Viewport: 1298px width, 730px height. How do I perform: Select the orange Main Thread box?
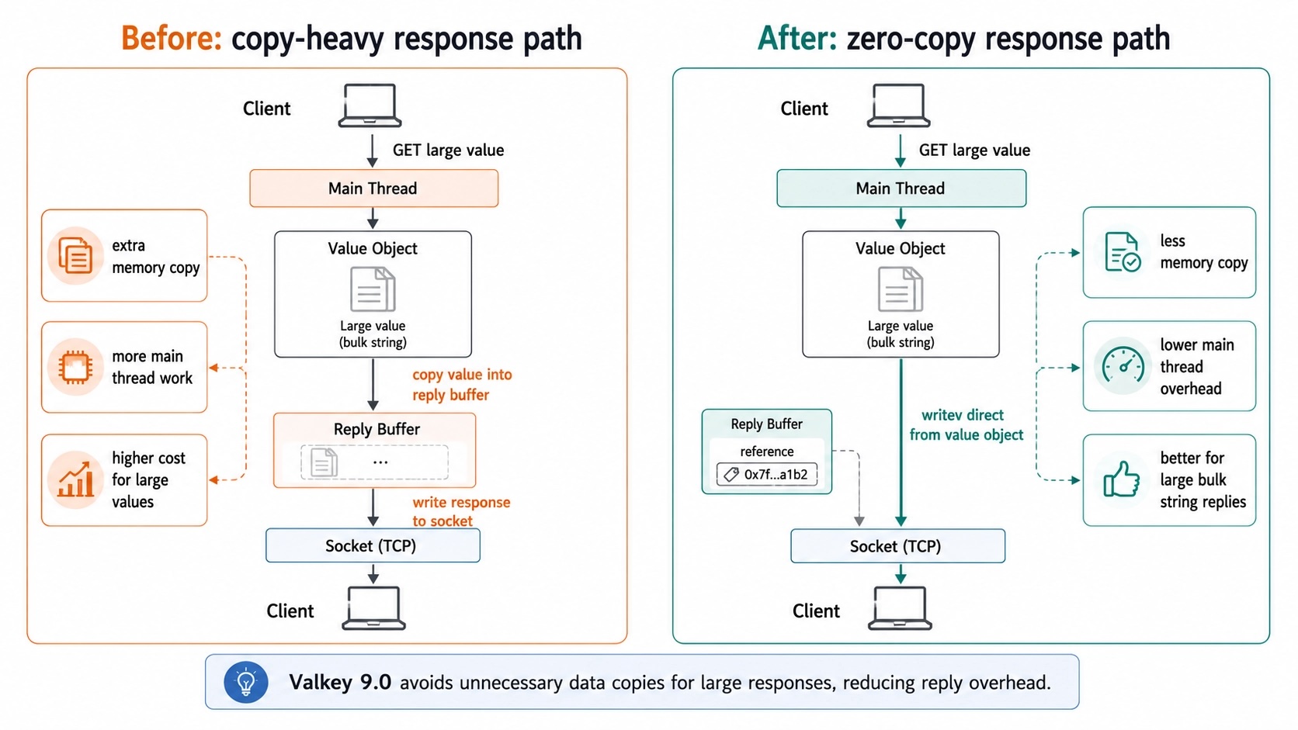point(373,189)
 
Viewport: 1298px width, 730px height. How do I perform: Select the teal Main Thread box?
point(901,189)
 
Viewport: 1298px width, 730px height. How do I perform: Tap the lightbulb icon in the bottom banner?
point(245,682)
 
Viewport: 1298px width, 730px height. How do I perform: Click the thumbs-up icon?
point(1121,479)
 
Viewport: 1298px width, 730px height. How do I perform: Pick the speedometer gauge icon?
point(1123,366)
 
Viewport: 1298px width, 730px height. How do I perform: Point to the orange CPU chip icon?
point(75,367)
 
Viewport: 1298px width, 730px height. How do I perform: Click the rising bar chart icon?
point(75,479)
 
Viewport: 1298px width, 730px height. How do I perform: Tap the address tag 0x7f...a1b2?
point(767,475)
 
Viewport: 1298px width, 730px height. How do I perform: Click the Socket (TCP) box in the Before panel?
point(373,546)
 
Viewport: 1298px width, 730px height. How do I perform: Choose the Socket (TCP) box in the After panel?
point(897,546)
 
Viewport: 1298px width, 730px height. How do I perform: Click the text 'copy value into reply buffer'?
point(462,384)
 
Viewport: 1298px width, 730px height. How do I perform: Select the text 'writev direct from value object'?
point(966,425)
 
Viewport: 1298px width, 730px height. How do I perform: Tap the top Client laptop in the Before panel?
point(370,106)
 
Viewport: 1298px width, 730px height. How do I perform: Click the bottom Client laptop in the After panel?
point(900,608)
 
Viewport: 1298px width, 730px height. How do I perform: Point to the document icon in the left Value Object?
point(373,289)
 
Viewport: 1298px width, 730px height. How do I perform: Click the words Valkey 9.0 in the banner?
point(340,682)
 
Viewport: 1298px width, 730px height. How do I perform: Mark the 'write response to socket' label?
point(461,511)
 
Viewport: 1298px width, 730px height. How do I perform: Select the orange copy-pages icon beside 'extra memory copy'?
point(75,254)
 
